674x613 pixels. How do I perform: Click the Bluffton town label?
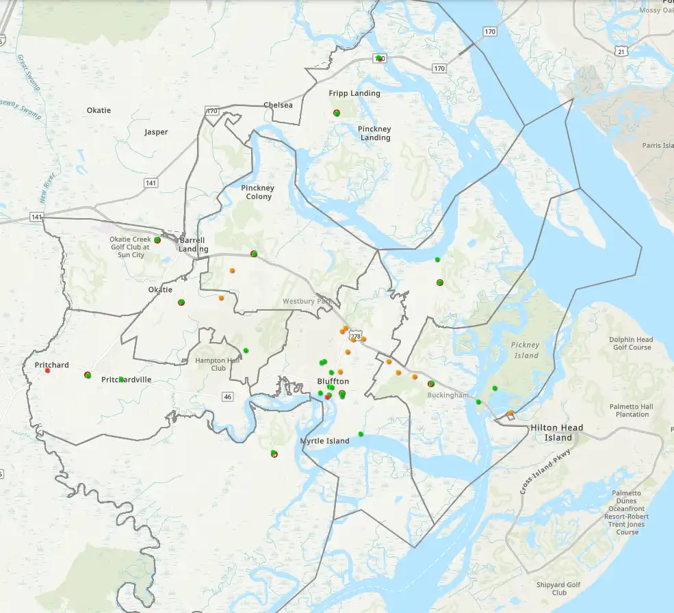(333, 381)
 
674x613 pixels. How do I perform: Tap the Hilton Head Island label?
(558, 432)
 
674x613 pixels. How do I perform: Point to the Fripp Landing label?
(354, 93)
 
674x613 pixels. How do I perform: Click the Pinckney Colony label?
(258, 192)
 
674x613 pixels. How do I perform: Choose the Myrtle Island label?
(325, 441)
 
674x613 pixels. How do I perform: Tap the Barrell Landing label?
(192, 244)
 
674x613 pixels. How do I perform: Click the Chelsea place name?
(278, 105)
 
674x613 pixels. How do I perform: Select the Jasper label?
(156, 132)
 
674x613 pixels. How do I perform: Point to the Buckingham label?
(448, 395)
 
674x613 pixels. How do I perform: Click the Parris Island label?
(658, 145)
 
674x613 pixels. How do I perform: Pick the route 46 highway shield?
(228, 397)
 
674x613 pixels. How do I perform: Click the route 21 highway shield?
(620, 51)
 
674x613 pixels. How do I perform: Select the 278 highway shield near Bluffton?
(354, 337)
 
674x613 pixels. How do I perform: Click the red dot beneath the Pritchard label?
(47, 371)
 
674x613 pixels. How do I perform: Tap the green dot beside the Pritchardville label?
(121, 379)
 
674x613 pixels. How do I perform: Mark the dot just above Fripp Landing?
(337, 112)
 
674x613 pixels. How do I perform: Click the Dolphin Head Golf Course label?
(630, 343)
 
